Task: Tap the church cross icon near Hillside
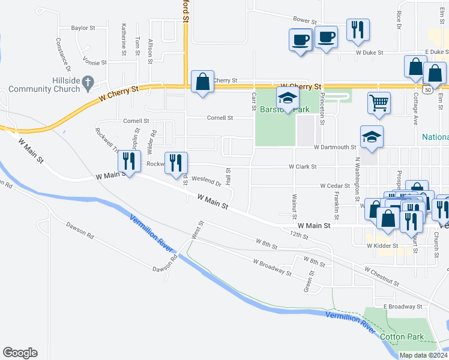(88, 81)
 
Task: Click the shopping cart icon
(379, 103)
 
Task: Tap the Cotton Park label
(402, 337)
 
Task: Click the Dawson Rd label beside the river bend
(165, 263)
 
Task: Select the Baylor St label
(83, 28)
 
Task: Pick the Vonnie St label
(95, 62)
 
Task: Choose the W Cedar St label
(335, 187)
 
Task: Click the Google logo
(20, 353)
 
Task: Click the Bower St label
(304, 20)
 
